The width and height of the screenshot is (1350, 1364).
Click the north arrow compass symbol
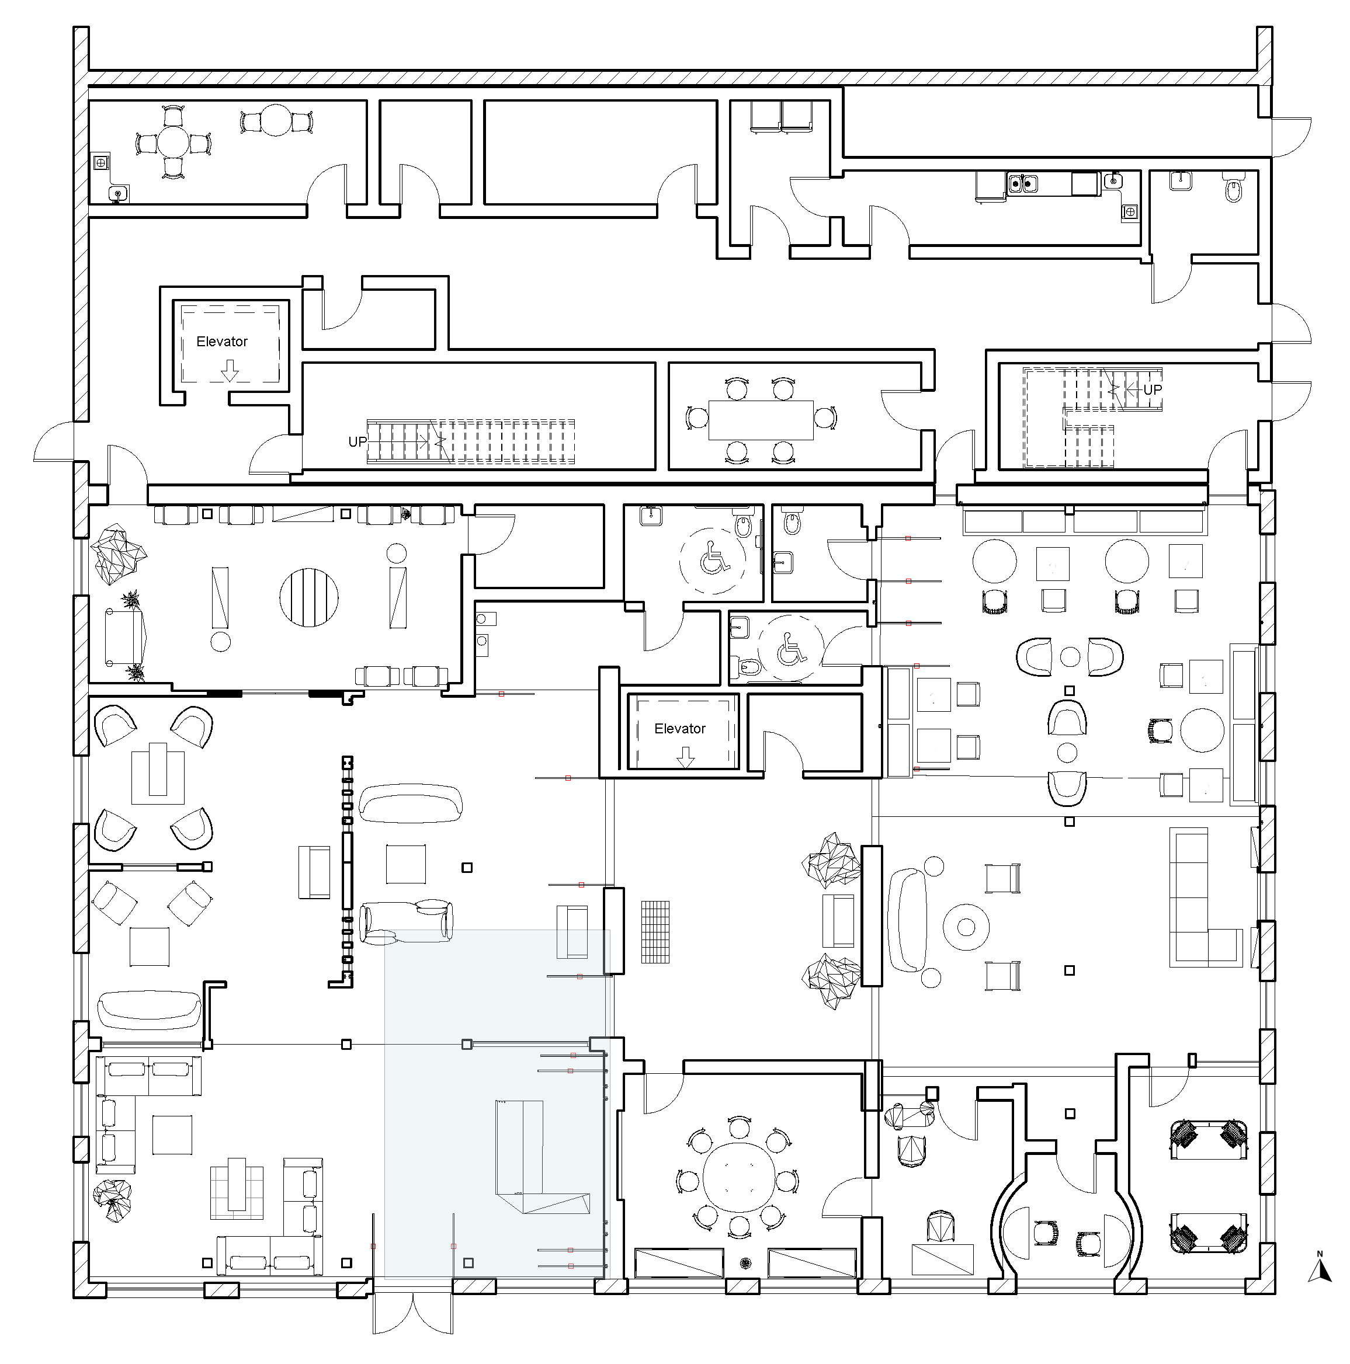[1319, 1287]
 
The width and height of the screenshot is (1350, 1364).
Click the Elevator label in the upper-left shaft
[222, 342]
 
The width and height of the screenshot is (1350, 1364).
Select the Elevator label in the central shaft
[679, 729]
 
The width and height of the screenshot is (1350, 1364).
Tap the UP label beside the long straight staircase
[358, 442]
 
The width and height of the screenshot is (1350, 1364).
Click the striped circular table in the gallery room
[308, 597]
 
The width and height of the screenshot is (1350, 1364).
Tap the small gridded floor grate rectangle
[655, 931]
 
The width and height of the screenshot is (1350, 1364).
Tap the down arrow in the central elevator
[685, 757]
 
